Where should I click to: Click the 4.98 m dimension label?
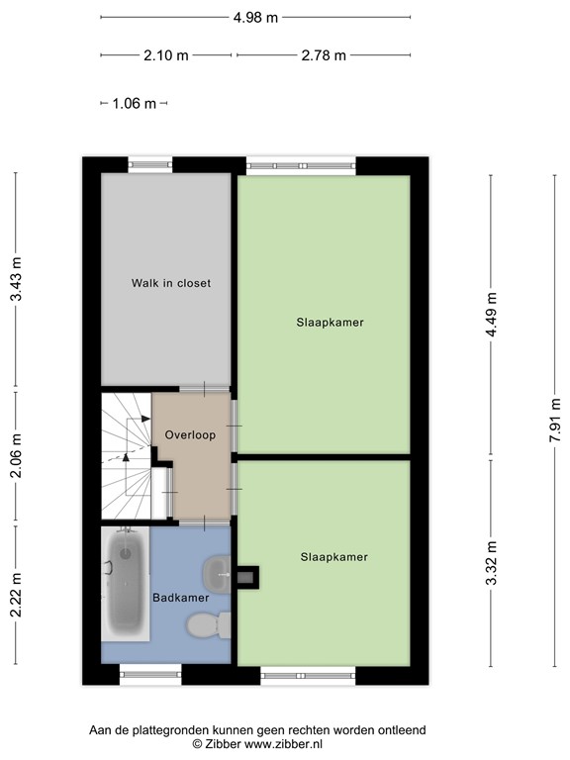click(255, 17)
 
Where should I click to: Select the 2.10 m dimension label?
click(165, 55)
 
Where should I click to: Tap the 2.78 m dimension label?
click(324, 55)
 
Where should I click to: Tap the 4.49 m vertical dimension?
click(491, 316)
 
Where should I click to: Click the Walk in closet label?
click(171, 283)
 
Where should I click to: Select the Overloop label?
click(190, 434)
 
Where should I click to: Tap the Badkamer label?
click(179, 598)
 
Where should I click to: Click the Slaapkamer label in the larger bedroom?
click(323, 322)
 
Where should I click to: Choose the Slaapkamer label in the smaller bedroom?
click(333, 557)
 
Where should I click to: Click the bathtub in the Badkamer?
click(126, 584)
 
